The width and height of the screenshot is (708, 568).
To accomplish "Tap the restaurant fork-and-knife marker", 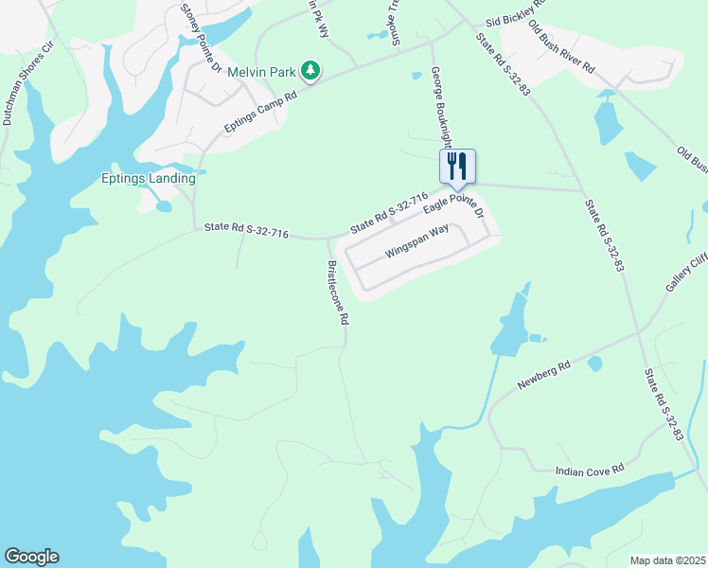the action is (x=457, y=168).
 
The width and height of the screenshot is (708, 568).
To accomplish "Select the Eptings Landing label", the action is (x=149, y=178).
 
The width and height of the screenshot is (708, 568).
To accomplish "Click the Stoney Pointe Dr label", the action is (x=200, y=39).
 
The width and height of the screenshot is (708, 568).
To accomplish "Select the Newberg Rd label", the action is (x=544, y=375).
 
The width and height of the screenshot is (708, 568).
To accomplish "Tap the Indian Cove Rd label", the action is (x=591, y=469).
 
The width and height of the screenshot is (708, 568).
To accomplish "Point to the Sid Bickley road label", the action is (x=508, y=20).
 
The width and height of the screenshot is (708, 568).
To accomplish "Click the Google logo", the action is (x=31, y=557).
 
